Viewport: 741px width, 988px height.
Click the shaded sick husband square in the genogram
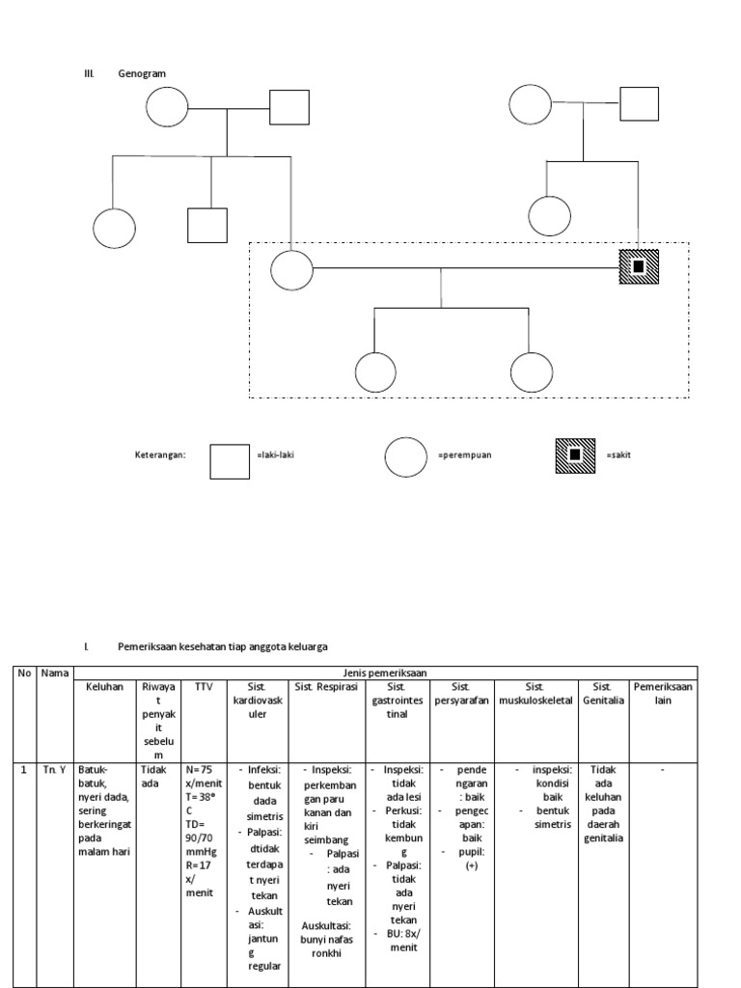coord(638,266)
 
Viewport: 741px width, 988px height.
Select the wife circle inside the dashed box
coord(291,268)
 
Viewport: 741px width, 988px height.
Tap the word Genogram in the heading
coord(142,73)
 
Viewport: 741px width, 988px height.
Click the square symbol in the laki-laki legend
coord(230,459)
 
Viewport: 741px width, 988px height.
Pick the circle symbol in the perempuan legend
coord(406,457)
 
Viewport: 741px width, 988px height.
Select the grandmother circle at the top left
coord(166,106)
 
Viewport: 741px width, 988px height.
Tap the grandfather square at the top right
coord(639,103)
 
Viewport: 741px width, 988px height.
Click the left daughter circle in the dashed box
coord(376,373)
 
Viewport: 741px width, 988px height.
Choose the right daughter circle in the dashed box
coord(530,373)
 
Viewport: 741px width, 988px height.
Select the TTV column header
coord(204,686)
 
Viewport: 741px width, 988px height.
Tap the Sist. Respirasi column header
coord(327,686)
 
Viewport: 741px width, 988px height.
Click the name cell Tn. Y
coord(53,770)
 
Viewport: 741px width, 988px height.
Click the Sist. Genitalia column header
coord(603,693)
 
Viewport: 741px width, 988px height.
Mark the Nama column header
coord(53,672)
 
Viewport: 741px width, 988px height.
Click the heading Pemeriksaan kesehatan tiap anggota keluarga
coord(230,646)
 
